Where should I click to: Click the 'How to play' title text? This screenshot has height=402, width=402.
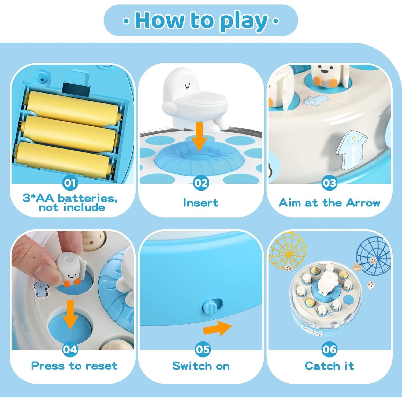201,21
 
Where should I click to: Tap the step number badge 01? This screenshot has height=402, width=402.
70,183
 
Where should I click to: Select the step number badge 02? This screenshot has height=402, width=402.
201,183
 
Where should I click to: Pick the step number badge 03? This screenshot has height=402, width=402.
329,183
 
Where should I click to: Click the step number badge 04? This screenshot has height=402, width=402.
70,349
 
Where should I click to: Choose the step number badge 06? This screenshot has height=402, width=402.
329,349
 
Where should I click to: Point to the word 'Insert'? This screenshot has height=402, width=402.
201,203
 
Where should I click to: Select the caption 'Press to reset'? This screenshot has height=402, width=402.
74,366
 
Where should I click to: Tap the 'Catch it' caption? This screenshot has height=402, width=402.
329,366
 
